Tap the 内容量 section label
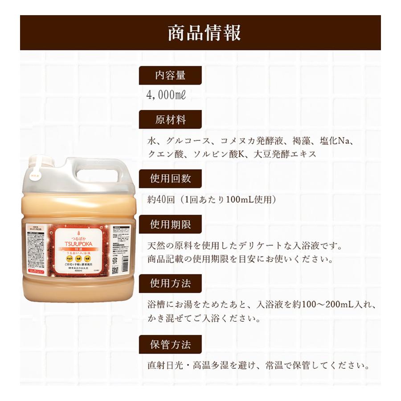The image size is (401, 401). click(170, 75)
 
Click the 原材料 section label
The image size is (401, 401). click(170, 120)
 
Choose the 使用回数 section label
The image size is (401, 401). click(170, 179)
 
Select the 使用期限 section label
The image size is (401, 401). click(170, 224)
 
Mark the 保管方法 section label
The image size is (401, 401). click(170, 344)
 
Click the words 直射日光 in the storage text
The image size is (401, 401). click(165, 366)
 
